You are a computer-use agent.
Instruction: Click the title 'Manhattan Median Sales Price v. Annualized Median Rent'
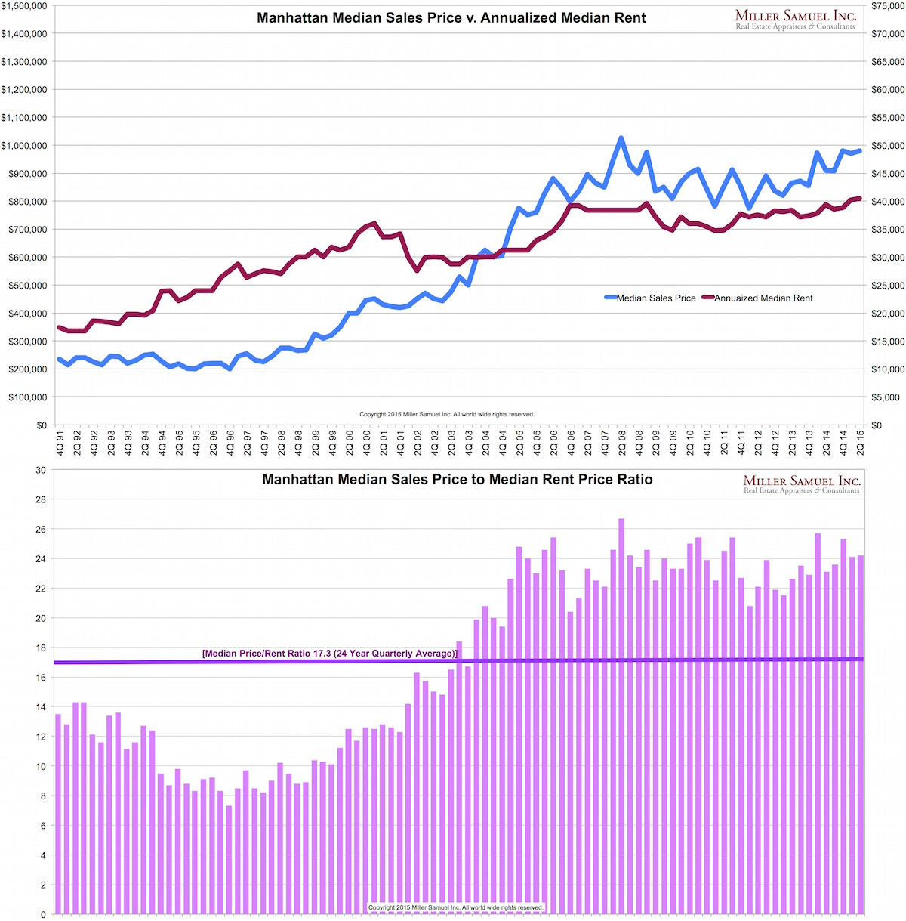pos(451,17)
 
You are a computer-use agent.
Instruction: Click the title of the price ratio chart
pos(458,480)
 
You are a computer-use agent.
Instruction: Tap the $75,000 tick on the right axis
pos(887,6)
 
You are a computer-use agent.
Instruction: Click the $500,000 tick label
pos(26,286)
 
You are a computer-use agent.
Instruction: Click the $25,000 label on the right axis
pos(887,286)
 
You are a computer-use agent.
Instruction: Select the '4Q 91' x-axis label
pos(60,441)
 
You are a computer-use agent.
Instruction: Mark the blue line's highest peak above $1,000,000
pos(621,139)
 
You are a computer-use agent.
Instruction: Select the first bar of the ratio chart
pos(58,812)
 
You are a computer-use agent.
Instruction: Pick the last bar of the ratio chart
pos(861,733)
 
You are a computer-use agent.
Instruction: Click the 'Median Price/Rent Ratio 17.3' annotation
pos(330,654)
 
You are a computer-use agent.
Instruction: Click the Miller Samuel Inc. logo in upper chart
pos(795,19)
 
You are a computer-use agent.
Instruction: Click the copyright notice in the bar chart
pos(456,907)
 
